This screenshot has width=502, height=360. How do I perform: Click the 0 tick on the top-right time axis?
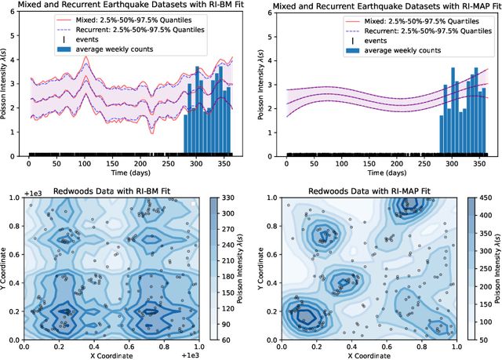287,163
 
